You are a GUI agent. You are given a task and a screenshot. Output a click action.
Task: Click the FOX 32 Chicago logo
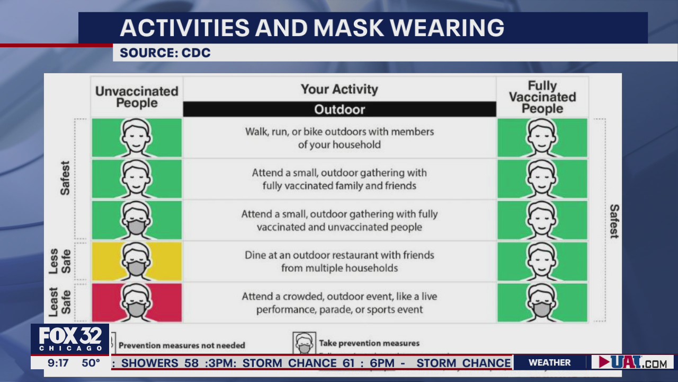click(70, 338)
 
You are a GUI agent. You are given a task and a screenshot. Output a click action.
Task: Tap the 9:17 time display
click(58, 363)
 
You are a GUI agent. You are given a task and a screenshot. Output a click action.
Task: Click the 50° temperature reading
click(91, 363)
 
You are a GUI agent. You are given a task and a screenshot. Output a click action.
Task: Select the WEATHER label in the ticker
click(549, 362)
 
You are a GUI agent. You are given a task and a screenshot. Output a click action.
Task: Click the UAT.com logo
click(632, 362)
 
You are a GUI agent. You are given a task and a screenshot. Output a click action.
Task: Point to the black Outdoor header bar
click(340, 109)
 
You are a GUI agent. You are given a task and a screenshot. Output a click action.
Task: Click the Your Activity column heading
click(340, 89)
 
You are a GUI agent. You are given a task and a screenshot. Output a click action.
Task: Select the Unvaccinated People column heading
click(137, 97)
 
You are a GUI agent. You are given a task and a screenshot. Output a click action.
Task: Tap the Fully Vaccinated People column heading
click(542, 97)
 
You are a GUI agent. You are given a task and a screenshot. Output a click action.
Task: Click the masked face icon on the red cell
click(137, 302)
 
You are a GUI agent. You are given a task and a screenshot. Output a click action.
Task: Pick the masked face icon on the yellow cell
click(137, 261)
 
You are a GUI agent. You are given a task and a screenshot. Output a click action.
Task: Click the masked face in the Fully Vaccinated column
click(542, 302)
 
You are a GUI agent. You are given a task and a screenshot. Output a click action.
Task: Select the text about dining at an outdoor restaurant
click(340, 262)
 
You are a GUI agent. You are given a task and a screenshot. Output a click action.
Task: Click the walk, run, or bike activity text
click(340, 138)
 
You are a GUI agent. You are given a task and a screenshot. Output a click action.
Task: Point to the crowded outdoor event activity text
click(340, 303)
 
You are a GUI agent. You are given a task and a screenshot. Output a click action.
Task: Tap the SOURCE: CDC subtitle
click(165, 53)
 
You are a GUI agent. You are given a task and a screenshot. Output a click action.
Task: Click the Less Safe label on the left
click(60, 261)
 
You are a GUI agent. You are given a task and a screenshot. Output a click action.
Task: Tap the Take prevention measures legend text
click(369, 343)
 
